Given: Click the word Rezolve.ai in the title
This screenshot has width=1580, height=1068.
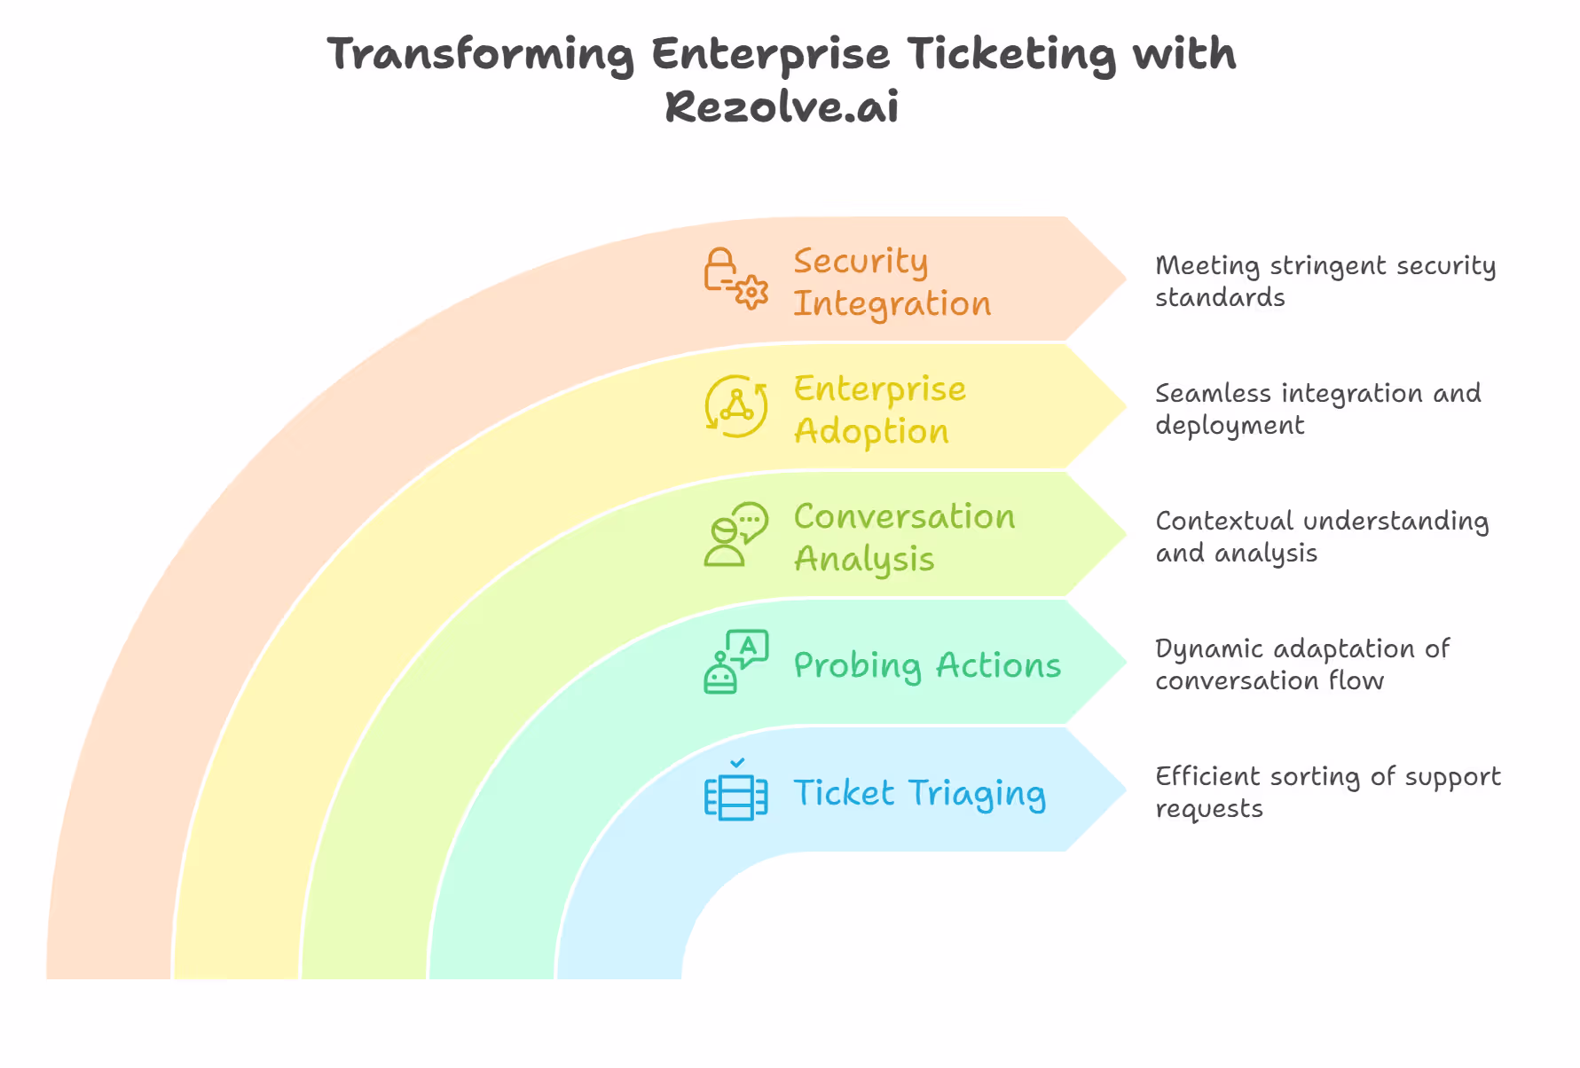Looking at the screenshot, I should (782, 107).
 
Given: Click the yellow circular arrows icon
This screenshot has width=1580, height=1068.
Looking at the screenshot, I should (735, 406).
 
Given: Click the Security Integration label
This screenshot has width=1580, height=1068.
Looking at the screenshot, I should (891, 282).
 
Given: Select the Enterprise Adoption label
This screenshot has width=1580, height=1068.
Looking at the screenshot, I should (879, 410).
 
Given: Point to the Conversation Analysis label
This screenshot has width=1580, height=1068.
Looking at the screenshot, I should (903, 538).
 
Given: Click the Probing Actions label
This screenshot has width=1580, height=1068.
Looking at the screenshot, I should (926, 666).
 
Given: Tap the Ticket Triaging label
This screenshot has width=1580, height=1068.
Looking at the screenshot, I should (919, 794).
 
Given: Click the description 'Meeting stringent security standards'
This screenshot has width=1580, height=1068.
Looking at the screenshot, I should (1325, 281).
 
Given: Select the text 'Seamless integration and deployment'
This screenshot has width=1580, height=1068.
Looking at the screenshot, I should (1317, 409).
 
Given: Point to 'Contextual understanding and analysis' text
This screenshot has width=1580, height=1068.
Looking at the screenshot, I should (1321, 537).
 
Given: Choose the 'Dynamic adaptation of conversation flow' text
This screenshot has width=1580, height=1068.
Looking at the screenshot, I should (1301, 664).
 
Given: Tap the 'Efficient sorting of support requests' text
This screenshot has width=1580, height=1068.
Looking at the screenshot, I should (1327, 792).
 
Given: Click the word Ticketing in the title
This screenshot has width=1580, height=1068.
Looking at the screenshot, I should (1012, 55).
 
